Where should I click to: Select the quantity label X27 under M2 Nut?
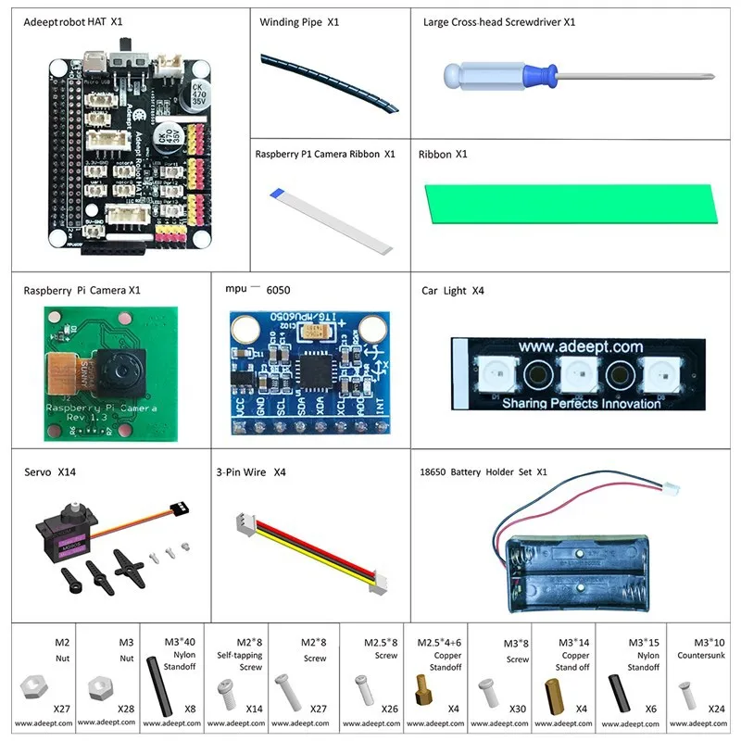61,709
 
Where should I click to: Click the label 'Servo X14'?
49,472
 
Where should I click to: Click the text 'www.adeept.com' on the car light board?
580,347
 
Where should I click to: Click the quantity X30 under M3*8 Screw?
517,709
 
